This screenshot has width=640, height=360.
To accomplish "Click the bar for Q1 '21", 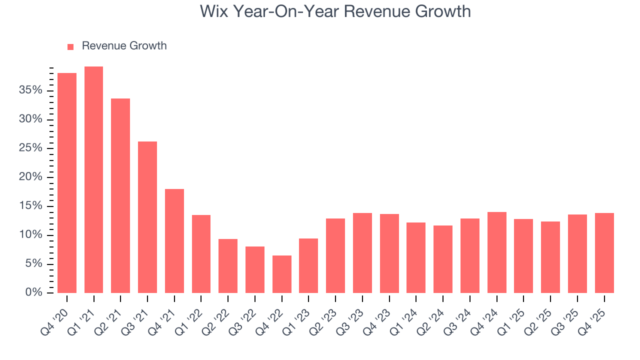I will tap(93, 179).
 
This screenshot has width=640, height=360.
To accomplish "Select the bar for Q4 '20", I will tap(67, 183).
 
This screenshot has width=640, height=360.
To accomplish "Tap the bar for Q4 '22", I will tap(282, 274).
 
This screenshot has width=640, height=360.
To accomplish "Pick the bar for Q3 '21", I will tap(147, 217).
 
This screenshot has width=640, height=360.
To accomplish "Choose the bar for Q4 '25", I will tap(604, 253).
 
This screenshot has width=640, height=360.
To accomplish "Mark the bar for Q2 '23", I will tap(335, 255).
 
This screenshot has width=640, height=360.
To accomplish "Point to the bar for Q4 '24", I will tap(497, 252).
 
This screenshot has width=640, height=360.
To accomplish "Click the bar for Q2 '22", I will tap(228, 266).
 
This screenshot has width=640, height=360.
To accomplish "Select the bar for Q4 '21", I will tap(174, 241).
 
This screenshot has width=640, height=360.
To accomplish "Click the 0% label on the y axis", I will tap(34, 293).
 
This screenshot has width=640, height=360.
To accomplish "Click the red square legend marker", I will tap(70, 46).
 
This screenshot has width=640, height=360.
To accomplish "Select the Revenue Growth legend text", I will tap(124, 46).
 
